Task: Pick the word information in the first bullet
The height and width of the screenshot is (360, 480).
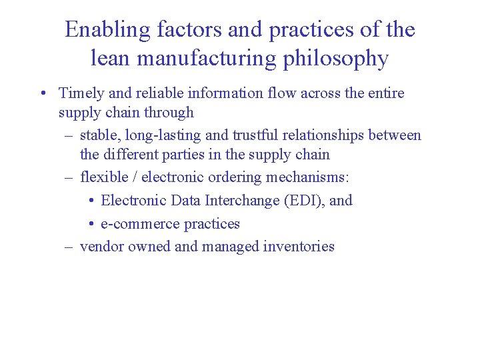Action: click(x=217, y=93)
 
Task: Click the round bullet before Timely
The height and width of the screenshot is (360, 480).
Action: click(x=42, y=93)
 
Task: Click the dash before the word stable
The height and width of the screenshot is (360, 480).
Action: click(x=69, y=135)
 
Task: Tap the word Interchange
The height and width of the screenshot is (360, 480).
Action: click(x=240, y=200)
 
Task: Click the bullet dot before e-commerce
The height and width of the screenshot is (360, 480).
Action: click(x=91, y=224)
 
